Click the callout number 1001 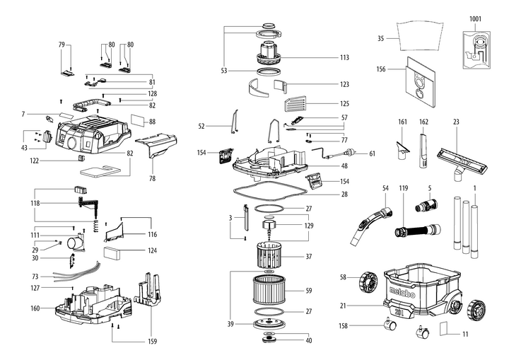click(475, 19)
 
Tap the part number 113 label click(344, 57)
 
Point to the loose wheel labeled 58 click(368, 281)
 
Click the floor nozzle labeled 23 click(462, 163)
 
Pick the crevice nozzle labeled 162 click(424, 150)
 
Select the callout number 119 click(404, 188)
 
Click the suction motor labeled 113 click(269, 53)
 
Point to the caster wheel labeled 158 click(389, 323)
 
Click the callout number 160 click(35, 308)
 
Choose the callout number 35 click(381, 38)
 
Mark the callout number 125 click(344, 104)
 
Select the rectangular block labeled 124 click(112, 253)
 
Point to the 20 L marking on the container click(399, 313)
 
